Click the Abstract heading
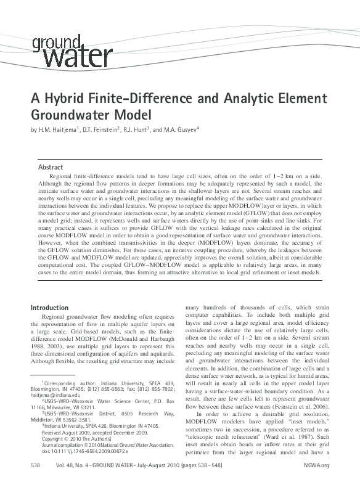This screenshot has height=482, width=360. tap(51, 167)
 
